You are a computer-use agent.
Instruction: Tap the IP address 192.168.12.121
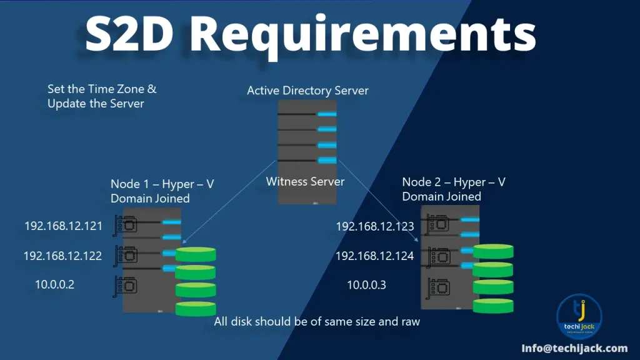click(x=63, y=226)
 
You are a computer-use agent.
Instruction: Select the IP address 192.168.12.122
click(x=62, y=256)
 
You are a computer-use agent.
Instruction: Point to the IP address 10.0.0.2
click(x=54, y=285)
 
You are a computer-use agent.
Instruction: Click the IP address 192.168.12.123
click(x=375, y=226)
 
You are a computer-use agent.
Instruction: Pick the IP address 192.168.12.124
click(x=374, y=256)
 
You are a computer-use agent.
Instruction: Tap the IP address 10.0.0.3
click(x=366, y=285)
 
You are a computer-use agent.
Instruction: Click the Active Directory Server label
click(x=307, y=91)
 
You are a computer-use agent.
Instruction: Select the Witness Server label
click(x=305, y=182)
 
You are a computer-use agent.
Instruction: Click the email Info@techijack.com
click(x=574, y=348)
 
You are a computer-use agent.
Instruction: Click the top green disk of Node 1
click(x=196, y=254)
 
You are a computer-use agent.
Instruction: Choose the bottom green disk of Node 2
click(x=493, y=306)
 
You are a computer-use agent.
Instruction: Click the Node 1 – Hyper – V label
click(x=162, y=184)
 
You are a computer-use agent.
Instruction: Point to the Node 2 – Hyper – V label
click(x=454, y=182)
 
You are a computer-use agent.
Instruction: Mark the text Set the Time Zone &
click(x=102, y=89)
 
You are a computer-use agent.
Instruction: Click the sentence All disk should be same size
click(x=317, y=322)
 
